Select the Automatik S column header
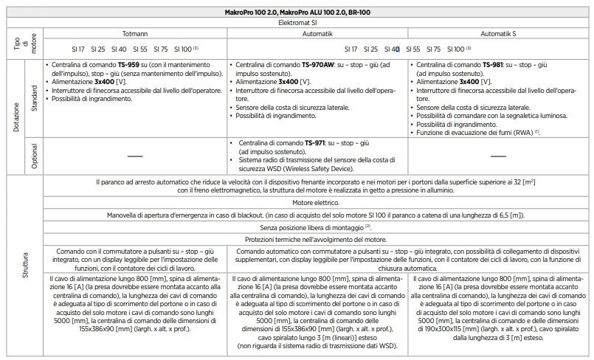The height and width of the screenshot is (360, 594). [500, 34]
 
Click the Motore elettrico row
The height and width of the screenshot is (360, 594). [319, 201]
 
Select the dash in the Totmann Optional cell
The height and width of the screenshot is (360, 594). [135, 156]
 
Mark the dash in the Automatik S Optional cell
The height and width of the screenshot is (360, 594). [499, 156]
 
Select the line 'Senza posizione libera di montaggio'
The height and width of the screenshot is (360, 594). [317, 228]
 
